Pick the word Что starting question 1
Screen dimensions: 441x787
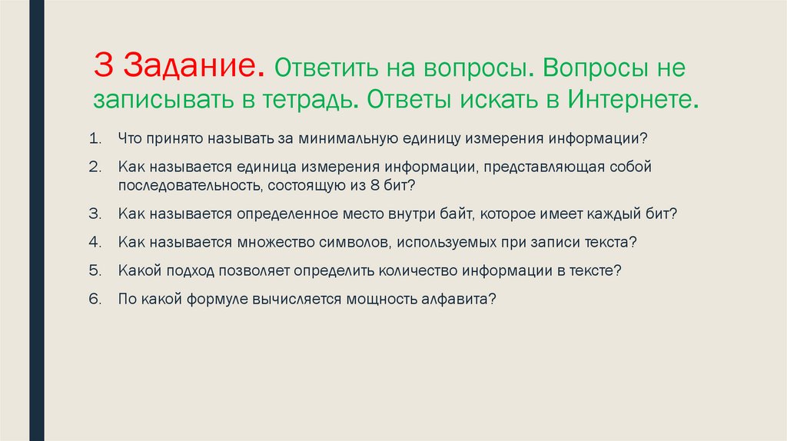(129, 140)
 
